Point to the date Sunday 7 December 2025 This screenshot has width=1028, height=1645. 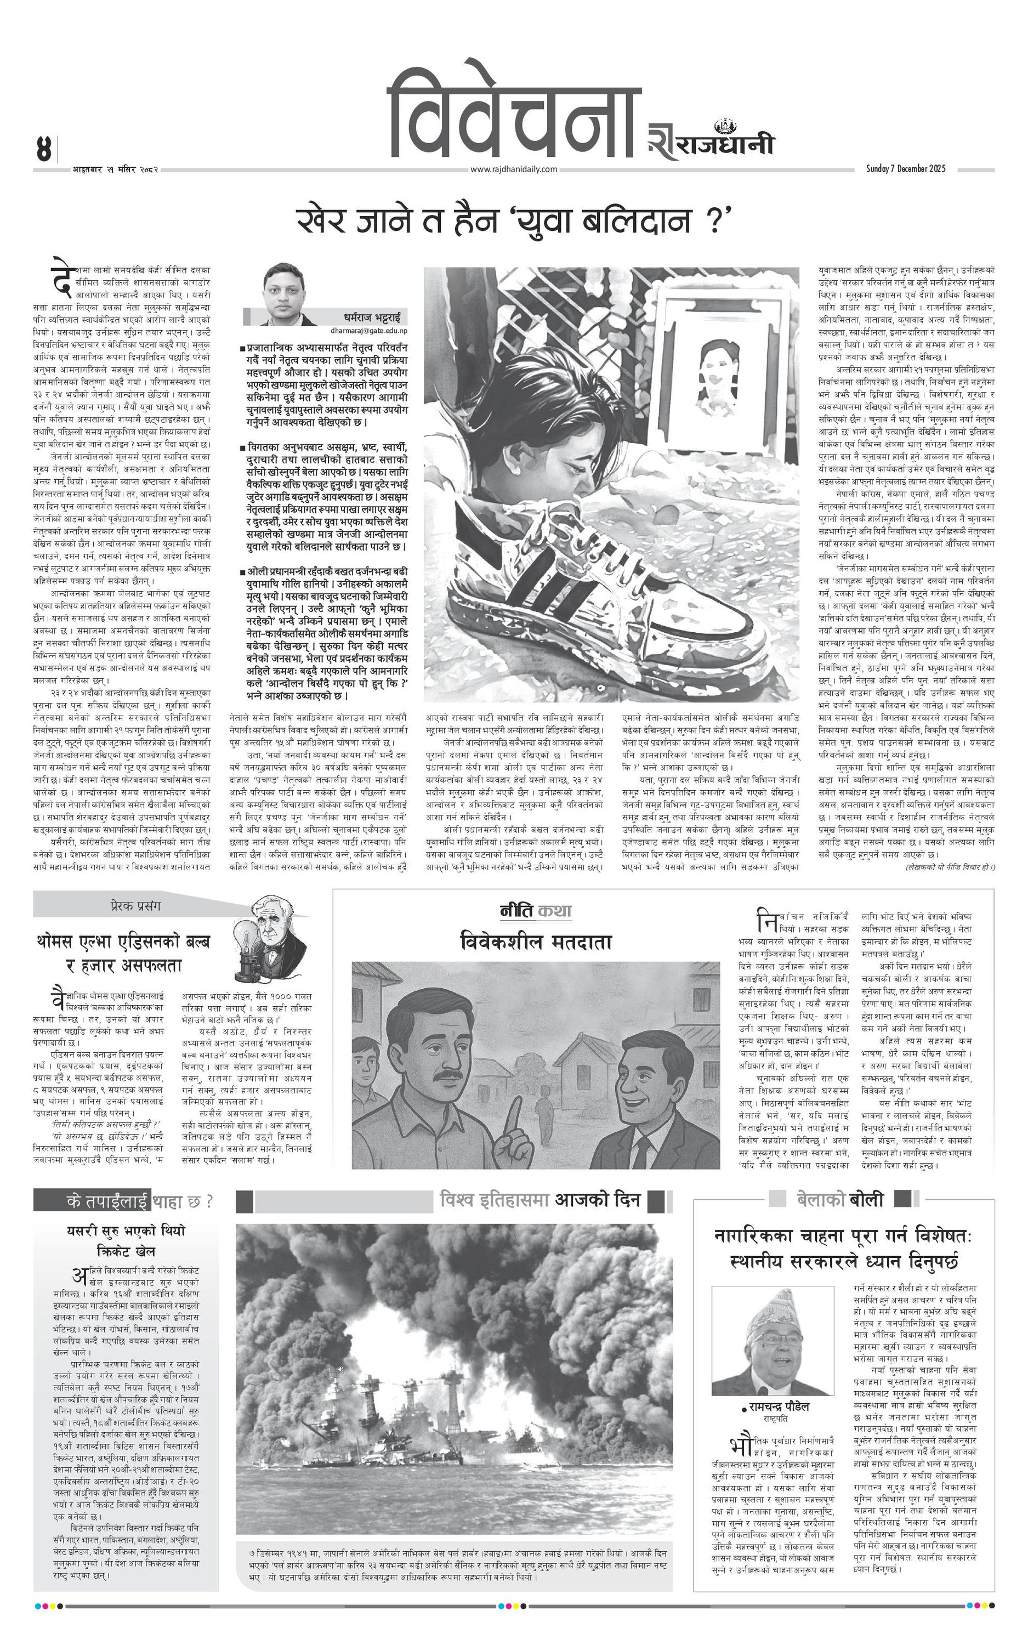905,168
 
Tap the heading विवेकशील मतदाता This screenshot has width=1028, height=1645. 536,942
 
